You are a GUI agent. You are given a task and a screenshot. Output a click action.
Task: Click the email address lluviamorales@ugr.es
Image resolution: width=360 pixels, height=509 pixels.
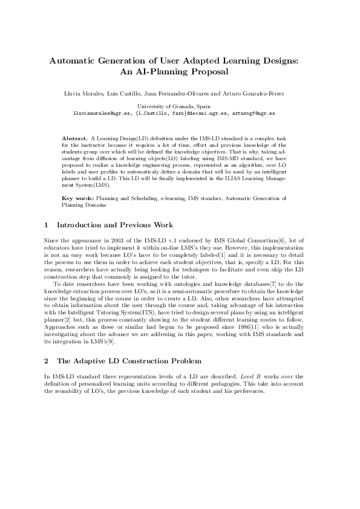[102, 112]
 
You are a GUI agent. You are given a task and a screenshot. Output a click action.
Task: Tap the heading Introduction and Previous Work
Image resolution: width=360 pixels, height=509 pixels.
[114, 225]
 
